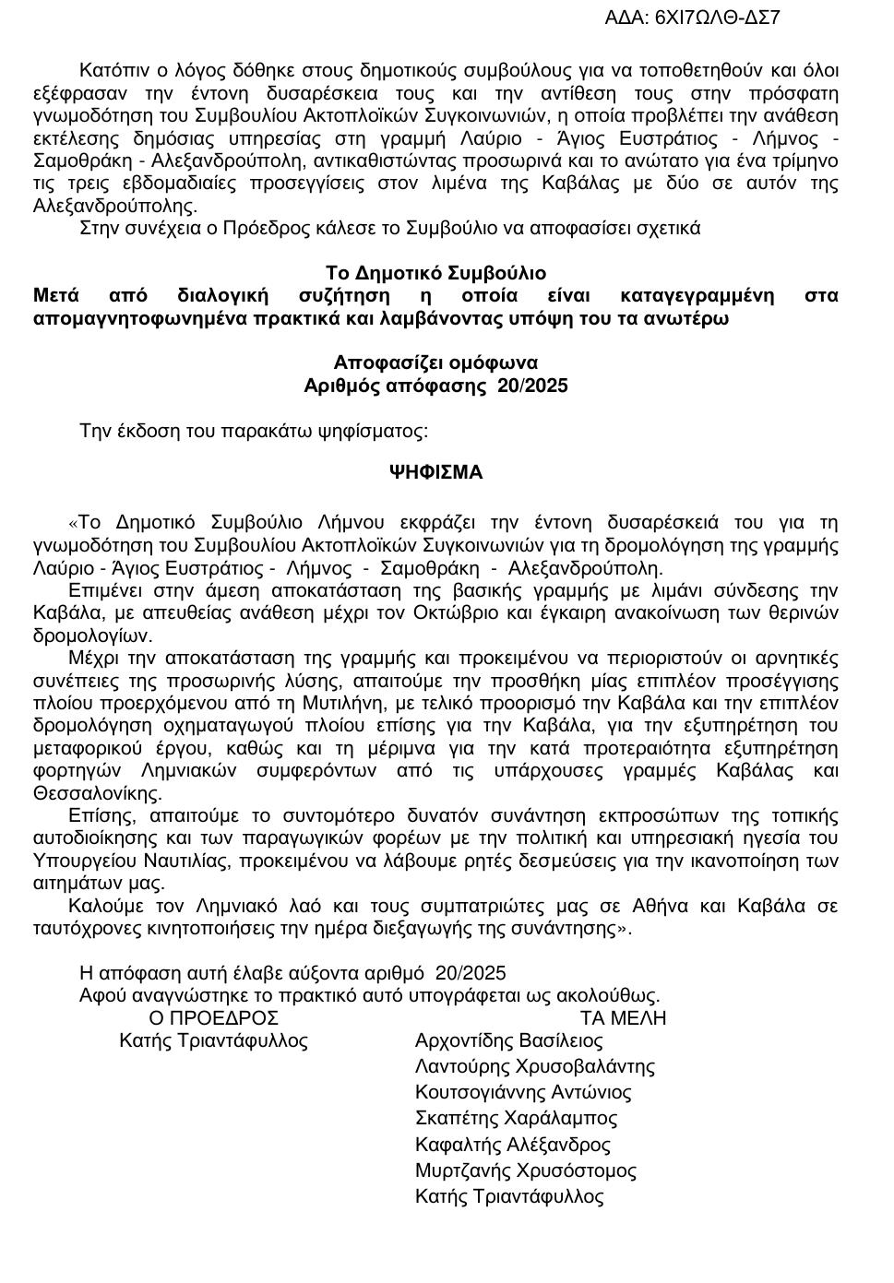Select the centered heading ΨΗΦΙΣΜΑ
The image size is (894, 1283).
(x=435, y=472)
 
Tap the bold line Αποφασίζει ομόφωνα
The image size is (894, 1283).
(x=435, y=363)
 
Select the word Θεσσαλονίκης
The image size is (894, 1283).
(x=98, y=793)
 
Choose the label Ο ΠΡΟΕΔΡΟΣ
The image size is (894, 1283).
(x=213, y=1018)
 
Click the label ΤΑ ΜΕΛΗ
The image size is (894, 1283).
(x=623, y=1018)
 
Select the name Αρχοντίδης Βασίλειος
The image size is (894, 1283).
(x=509, y=1041)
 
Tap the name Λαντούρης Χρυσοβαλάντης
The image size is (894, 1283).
(x=535, y=1067)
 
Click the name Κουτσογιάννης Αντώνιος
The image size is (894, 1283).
(x=523, y=1093)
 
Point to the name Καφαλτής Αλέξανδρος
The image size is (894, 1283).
(x=513, y=1146)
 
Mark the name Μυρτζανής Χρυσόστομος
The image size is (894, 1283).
(x=526, y=1171)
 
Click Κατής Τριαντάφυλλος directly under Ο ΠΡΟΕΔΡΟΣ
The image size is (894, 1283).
(x=213, y=1041)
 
